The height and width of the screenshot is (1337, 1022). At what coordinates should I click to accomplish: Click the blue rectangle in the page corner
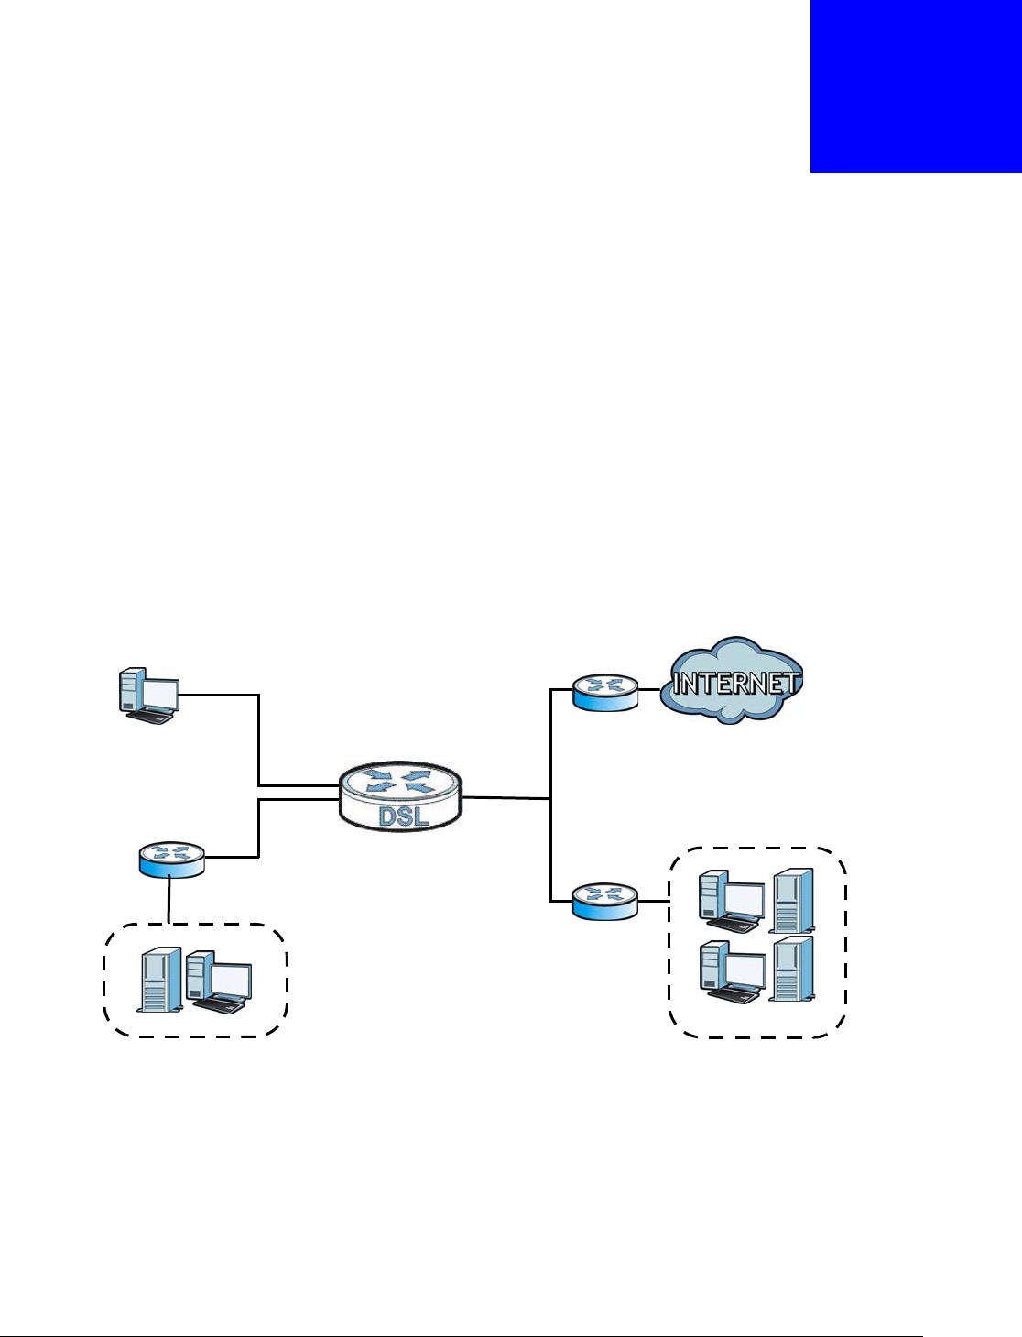916,86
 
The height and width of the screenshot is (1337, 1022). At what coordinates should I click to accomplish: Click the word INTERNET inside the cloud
736,683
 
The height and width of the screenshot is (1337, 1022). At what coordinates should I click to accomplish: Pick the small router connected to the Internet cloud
604,692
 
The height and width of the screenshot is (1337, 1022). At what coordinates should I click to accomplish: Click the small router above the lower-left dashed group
171,860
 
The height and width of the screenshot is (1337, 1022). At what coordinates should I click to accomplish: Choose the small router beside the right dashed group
604,901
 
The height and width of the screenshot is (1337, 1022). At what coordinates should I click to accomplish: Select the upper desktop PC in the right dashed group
731,901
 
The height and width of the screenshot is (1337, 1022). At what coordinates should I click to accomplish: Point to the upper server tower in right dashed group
791,897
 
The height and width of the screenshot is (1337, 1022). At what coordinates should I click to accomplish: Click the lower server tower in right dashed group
791,968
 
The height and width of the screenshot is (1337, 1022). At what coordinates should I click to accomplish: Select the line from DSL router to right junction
506,798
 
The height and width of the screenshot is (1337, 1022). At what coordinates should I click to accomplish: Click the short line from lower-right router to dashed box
652,901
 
